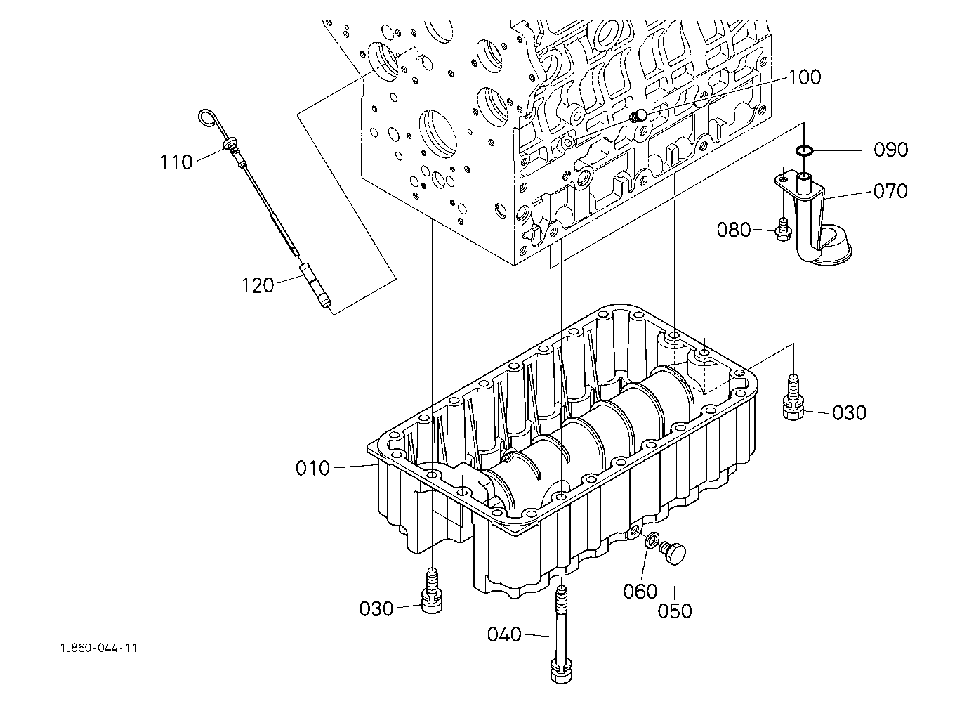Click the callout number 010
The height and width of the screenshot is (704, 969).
coord(312,469)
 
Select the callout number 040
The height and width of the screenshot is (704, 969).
coord(504,634)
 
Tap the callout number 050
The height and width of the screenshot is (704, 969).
coord(674,611)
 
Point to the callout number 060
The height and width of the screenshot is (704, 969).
coord(640,591)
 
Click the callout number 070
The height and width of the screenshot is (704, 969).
coord(890,191)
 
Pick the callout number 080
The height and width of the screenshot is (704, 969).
coord(734,230)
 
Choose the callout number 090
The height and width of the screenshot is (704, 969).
coord(890,150)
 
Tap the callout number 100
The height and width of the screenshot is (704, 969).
coord(805,77)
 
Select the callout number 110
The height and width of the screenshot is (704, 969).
coord(176,162)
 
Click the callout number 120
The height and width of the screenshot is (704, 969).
coord(258,285)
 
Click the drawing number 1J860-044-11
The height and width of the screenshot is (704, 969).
coord(99,648)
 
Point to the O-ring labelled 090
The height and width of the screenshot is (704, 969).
coord(804,150)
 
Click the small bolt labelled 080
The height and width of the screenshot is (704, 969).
coord(783,230)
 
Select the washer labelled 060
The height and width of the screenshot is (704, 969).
coord(651,540)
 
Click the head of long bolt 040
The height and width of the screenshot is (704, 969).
coord(562,674)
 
